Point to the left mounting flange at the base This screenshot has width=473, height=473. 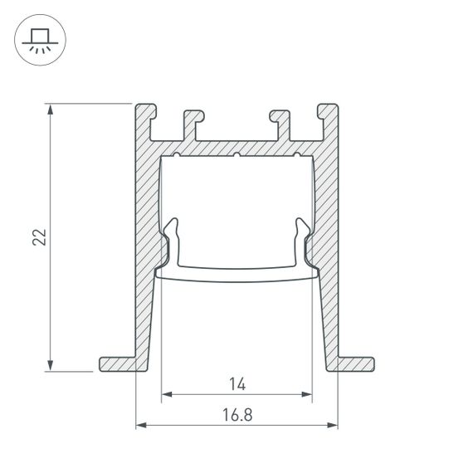116,363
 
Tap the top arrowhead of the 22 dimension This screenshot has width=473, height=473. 51,109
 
